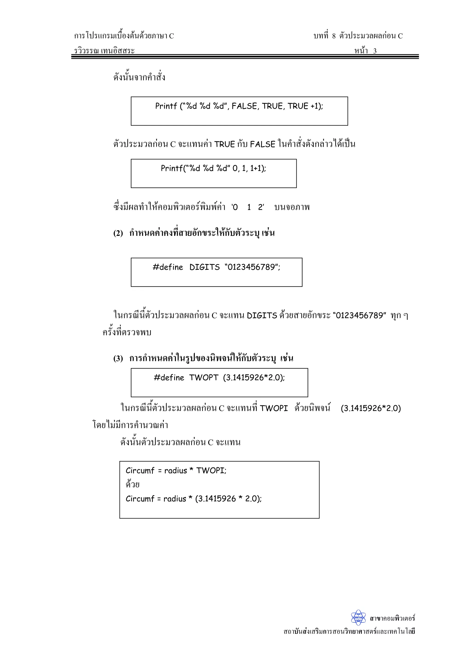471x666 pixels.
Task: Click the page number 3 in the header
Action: (x=375, y=51)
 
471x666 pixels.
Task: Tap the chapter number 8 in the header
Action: (x=334, y=36)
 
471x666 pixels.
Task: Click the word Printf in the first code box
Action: (x=166, y=106)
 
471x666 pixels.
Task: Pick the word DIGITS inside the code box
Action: (x=205, y=267)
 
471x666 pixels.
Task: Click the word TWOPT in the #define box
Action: (x=204, y=378)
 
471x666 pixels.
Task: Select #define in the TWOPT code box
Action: (x=169, y=378)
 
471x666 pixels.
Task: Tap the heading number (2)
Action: (x=118, y=233)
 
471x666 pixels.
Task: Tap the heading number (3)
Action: (x=118, y=359)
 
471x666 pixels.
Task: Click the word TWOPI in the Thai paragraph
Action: (x=274, y=408)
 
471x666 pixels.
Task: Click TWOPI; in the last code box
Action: (x=211, y=470)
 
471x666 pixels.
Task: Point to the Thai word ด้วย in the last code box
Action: (x=133, y=484)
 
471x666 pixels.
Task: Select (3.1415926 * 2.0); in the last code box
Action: (x=228, y=499)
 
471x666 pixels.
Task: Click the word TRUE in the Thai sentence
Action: (x=224, y=144)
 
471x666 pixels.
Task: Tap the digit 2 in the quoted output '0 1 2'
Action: (x=260, y=207)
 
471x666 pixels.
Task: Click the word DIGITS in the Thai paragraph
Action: (x=262, y=316)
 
